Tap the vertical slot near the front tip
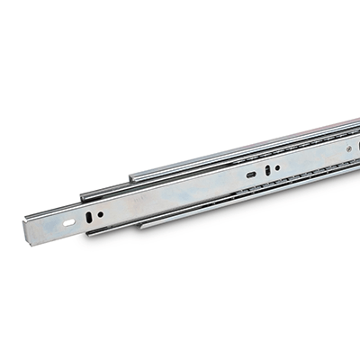(88, 216)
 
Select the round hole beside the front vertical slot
(100, 214)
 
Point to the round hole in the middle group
(277, 166)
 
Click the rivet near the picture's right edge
(348, 141)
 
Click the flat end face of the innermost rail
(29, 231)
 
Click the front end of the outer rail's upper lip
(131, 176)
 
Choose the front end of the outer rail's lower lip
(142, 225)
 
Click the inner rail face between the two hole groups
(171, 193)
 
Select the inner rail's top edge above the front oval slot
(67, 208)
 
